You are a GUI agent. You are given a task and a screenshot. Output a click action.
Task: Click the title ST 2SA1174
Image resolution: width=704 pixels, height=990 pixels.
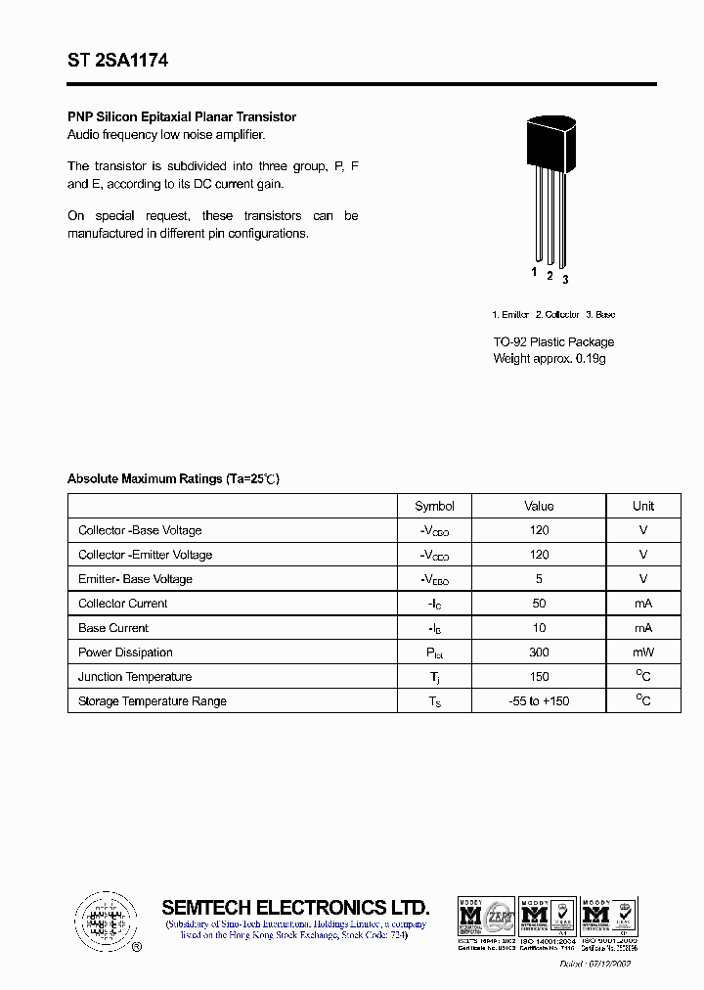(x=117, y=61)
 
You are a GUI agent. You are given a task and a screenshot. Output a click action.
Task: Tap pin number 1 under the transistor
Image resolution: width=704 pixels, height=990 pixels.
(x=534, y=272)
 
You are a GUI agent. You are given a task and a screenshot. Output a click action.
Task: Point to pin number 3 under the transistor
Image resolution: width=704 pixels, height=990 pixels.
(x=565, y=280)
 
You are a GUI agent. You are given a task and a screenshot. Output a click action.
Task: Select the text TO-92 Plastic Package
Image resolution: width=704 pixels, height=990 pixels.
(x=553, y=342)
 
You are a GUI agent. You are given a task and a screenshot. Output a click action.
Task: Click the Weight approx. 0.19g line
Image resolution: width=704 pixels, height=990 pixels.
(x=550, y=359)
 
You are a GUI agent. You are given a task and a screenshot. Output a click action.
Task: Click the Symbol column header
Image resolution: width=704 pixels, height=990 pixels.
(x=434, y=506)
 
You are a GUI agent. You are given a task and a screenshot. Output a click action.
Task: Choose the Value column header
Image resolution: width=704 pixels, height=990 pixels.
(x=539, y=506)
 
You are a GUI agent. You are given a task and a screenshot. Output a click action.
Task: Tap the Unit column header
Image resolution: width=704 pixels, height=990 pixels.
(x=643, y=506)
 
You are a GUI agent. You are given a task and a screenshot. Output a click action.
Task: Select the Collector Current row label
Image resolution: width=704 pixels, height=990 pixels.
(x=123, y=604)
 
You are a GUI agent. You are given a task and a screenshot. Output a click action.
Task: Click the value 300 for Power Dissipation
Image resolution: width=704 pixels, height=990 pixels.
(x=539, y=652)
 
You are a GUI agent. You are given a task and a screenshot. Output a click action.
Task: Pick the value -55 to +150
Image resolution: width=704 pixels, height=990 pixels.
(x=539, y=701)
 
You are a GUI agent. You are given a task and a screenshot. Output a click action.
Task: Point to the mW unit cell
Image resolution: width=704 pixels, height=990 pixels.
(x=643, y=652)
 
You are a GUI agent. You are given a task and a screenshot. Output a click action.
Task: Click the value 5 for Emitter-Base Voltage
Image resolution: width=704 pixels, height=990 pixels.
(x=539, y=579)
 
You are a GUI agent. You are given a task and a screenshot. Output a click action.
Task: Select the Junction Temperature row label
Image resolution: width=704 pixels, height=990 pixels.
(x=135, y=677)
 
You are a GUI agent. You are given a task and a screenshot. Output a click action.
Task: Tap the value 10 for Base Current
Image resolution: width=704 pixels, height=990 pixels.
(x=539, y=628)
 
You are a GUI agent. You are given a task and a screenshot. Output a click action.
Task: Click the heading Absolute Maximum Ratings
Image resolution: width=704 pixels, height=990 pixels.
(x=173, y=479)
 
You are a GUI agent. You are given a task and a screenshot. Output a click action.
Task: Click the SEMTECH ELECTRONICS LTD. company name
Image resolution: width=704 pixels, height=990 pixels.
(x=295, y=907)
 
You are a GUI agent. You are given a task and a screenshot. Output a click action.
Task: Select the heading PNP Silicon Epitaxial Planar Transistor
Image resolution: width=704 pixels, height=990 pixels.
(x=182, y=117)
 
